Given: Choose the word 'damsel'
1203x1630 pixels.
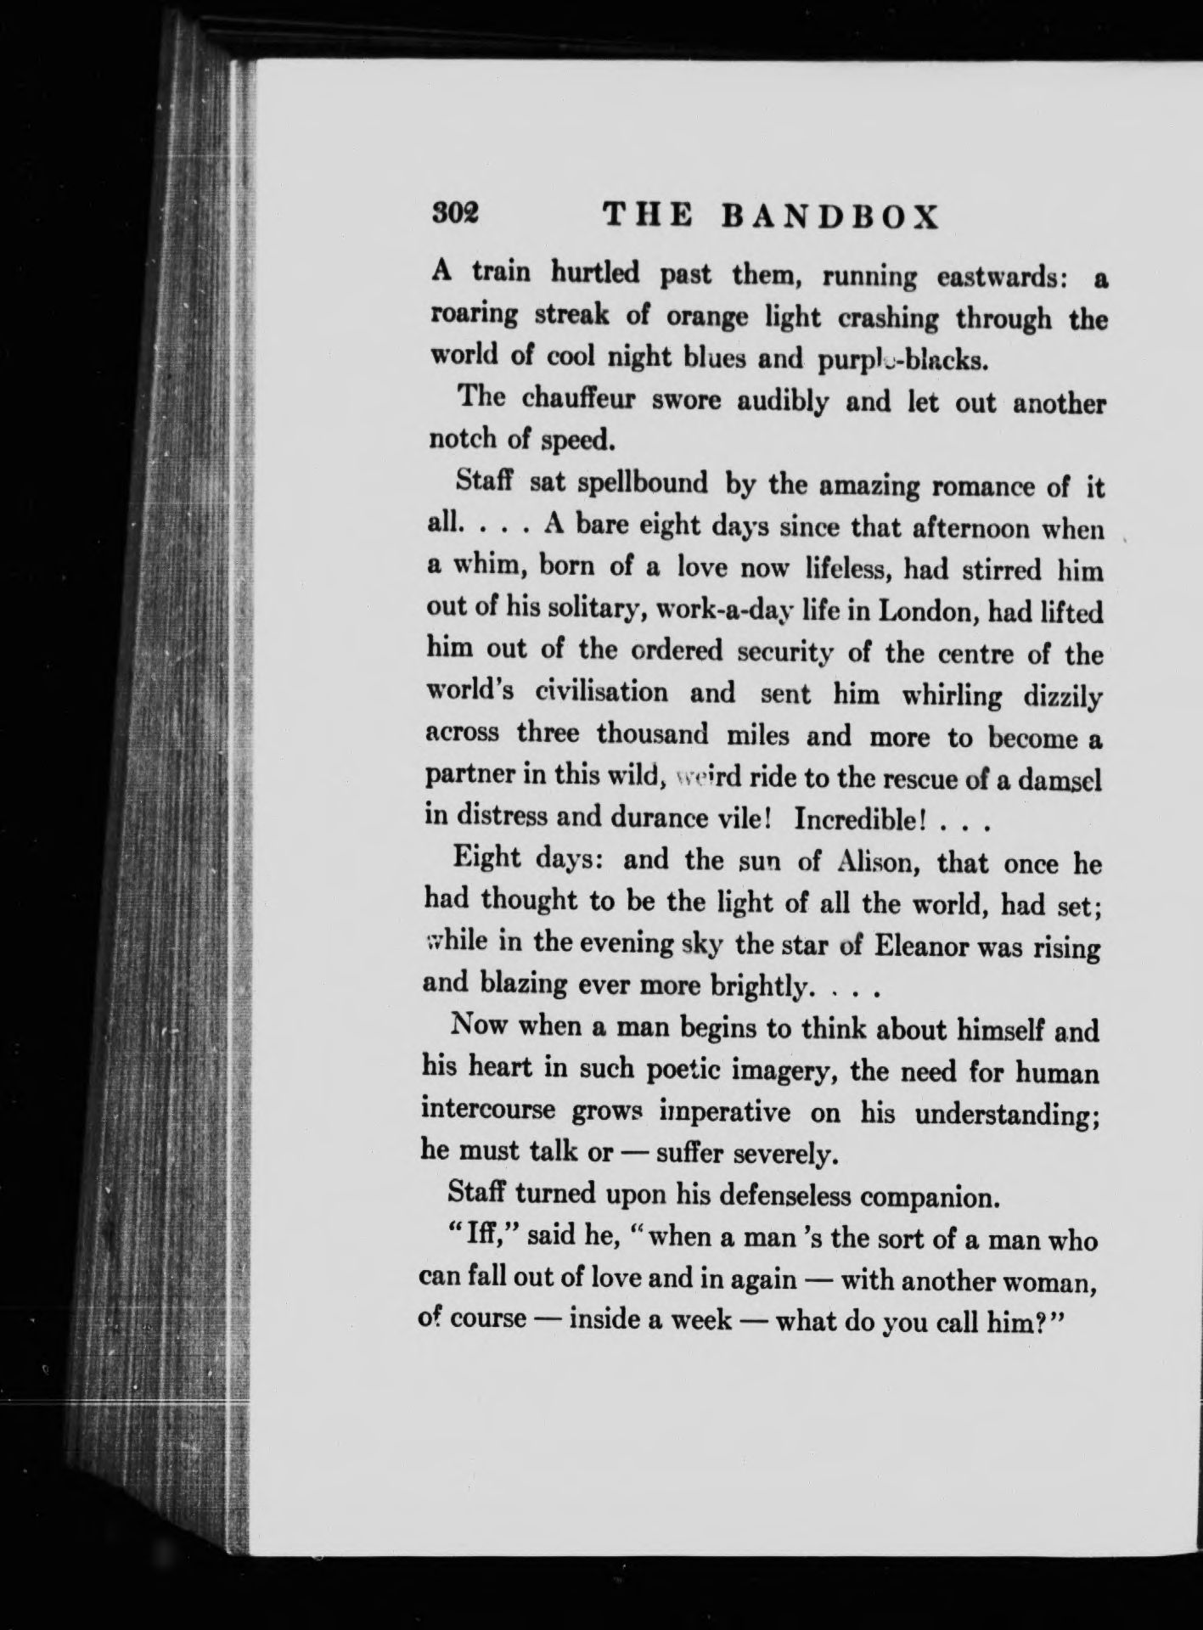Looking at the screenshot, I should (x=1061, y=778).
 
